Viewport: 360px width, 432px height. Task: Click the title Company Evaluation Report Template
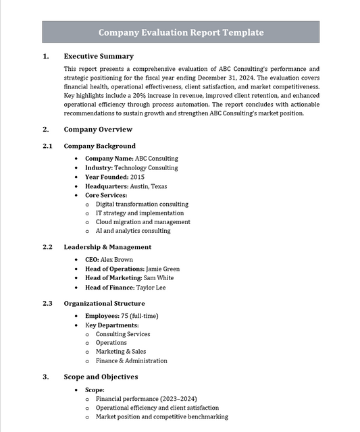[180, 32]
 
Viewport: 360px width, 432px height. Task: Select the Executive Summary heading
[99, 56]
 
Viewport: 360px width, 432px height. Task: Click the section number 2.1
[47, 146]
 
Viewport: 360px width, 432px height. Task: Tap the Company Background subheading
[99, 146]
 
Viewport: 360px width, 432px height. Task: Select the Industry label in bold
[99, 167]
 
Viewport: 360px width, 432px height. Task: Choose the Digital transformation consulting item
[142, 204]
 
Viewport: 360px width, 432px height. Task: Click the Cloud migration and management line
[143, 221]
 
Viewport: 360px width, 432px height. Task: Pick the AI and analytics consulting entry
[133, 231]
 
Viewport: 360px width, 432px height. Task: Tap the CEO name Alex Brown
[118, 259]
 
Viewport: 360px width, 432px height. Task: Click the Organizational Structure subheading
[104, 304]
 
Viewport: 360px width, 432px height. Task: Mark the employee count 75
[124, 316]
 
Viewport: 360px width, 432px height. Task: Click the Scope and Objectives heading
[101, 377]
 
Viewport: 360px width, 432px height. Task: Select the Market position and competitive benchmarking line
[161, 417]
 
